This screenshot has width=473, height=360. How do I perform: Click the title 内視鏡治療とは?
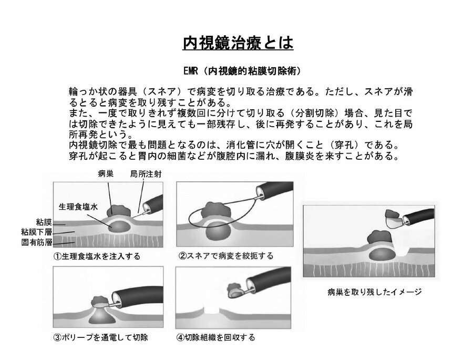coord(238,43)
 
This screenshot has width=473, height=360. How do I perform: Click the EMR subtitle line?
coord(242,71)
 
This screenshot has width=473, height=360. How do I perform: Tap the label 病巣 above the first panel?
coord(106,174)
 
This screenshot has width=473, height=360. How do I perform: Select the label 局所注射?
coord(146,174)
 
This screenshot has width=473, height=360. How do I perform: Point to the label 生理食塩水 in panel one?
coord(78,207)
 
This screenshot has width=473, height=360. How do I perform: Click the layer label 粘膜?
coord(44,222)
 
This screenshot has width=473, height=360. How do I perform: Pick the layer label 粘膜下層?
coord(36,232)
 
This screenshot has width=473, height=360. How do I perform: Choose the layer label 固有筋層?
coord(36,242)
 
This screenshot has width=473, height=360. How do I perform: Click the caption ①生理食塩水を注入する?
coord(97,256)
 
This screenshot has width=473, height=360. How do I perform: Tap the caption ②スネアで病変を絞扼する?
coord(226,256)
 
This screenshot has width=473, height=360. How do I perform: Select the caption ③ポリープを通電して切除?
coord(101,337)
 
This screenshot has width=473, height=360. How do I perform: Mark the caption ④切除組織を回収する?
coord(215,337)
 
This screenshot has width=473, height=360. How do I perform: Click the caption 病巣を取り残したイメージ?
coord(374,292)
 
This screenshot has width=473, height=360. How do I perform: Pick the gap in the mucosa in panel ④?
coord(212,311)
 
